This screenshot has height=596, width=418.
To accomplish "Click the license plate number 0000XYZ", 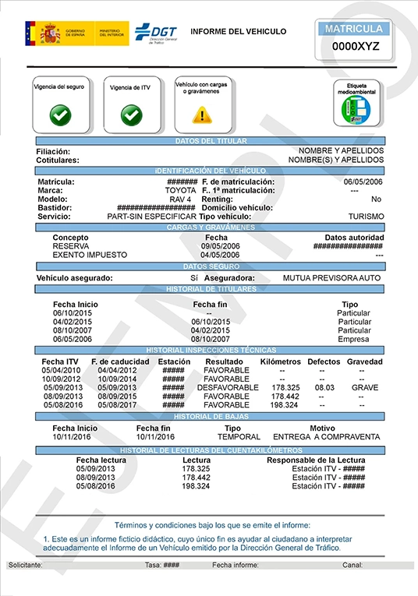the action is click(356, 46).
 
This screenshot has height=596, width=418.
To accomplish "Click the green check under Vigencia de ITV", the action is click(131, 115).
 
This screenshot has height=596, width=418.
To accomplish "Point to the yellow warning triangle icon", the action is click(202, 115).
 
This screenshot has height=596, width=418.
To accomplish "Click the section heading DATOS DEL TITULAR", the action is click(211, 141).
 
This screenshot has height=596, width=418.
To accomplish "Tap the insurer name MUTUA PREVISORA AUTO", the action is click(331, 277).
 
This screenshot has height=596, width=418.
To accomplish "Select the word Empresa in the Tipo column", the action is click(354, 339).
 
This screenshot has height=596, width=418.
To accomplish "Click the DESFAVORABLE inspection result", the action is click(228, 387).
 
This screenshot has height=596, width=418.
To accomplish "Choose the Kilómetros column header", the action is click(280, 361).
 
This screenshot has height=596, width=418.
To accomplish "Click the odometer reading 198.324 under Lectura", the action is click(196, 486).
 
